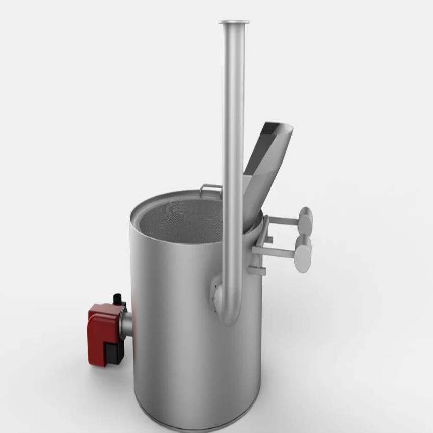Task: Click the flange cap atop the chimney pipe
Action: (x=234, y=22)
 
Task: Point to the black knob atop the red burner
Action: (x=118, y=299)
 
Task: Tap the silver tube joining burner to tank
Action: (x=127, y=321)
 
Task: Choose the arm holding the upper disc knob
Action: (x=283, y=220)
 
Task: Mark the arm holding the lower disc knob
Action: (x=278, y=252)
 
